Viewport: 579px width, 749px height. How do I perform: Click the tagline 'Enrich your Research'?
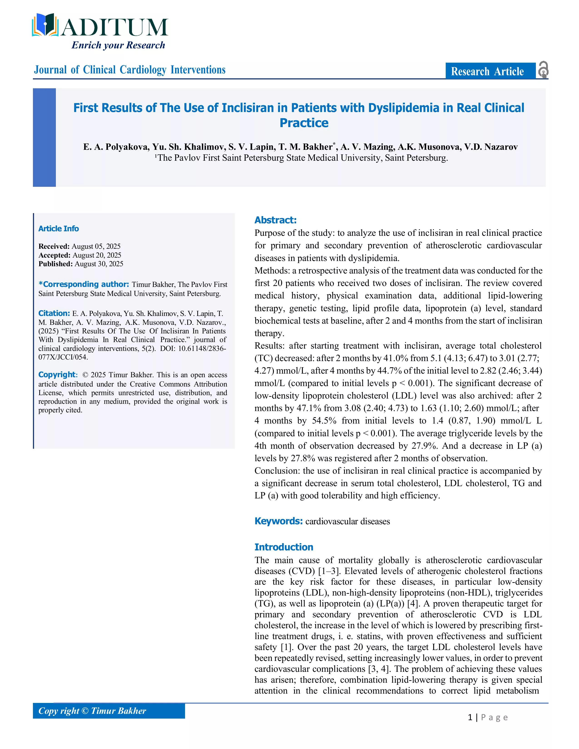point(118,45)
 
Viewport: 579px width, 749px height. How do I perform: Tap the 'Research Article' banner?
point(487,71)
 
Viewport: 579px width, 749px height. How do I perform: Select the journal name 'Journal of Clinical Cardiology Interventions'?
point(130,70)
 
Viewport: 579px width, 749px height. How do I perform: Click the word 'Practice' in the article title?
point(304,123)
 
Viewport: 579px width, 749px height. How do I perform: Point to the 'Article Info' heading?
point(58,228)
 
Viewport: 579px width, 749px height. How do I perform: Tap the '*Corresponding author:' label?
point(84,284)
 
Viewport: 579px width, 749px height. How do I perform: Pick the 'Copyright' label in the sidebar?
point(57,374)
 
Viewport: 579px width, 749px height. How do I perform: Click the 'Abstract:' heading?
point(275,220)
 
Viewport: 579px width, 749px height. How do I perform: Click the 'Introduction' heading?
point(284,547)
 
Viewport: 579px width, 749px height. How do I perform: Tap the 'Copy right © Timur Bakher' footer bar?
point(109,711)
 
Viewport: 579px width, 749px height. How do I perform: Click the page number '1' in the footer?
point(470,717)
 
